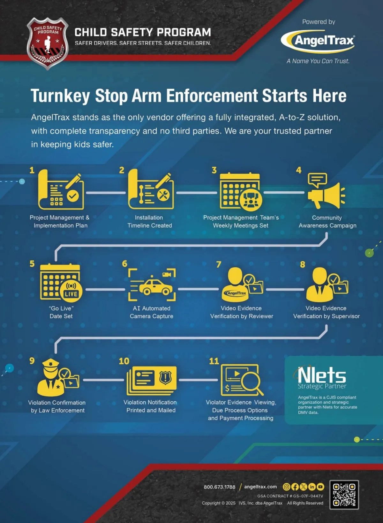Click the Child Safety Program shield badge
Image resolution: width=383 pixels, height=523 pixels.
pyautogui.click(x=48, y=43)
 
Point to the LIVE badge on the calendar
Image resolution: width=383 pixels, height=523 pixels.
pyautogui.click(x=71, y=291)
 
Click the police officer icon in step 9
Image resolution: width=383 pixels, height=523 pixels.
pyautogui.click(x=51, y=377)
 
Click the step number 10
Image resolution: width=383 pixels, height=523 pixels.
pyautogui.click(x=124, y=361)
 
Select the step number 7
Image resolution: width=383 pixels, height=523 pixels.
pyautogui.click(x=219, y=264)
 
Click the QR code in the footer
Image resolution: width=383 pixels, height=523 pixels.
pyautogui.click(x=344, y=495)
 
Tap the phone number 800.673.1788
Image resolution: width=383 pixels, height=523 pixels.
pyautogui.click(x=219, y=487)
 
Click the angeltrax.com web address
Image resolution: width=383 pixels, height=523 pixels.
pyautogui.click(x=260, y=487)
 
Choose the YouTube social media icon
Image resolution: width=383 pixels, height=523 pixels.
pyautogui.click(x=320, y=487)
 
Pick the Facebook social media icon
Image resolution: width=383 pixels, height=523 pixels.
pyautogui.click(x=295, y=487)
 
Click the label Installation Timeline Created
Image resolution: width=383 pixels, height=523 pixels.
pyautogui.click(x=149, y=221)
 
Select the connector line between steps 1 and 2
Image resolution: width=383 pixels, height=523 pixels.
pyautogui.click(x=106, y=193)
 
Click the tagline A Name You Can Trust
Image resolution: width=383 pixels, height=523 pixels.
pyautogui.click(x=318, y=61)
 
